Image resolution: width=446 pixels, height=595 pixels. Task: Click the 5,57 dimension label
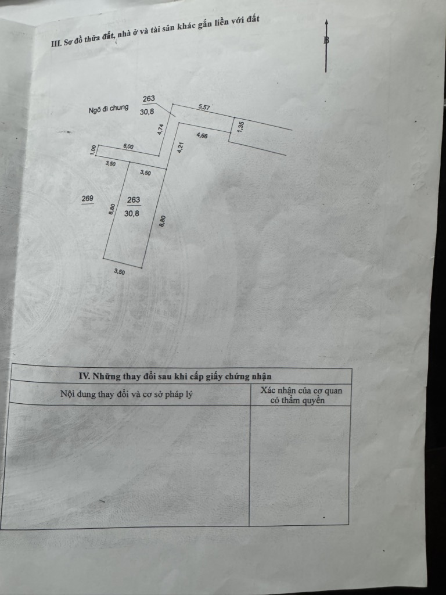tap(204, 107)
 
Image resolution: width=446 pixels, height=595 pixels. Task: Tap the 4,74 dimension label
tap(161, 130)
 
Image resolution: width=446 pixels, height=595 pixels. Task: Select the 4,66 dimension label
tap(202, 135)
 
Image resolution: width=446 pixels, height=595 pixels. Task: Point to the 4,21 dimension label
tap(181, 147)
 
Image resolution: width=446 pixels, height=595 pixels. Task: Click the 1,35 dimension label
tap(239, 126)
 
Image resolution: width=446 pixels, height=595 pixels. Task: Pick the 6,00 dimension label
tap(128, 146)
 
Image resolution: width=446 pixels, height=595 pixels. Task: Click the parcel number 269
tap(87, 199)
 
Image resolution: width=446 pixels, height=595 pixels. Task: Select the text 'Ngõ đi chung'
tap(109, 109)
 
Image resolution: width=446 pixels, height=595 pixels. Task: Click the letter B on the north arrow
tap(326, 40)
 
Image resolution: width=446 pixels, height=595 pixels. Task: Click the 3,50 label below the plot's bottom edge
tap(119, 271)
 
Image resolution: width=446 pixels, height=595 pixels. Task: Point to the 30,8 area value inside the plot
tap(132, 213)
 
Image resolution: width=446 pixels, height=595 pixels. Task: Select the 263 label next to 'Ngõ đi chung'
tap(149, 99)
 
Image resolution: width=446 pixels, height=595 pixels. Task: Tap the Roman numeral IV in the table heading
tap(84, 376)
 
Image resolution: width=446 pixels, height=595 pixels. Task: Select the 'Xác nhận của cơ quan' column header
tap(301, 390)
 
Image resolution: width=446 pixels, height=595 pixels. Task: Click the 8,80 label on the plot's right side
tap(163, 221)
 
